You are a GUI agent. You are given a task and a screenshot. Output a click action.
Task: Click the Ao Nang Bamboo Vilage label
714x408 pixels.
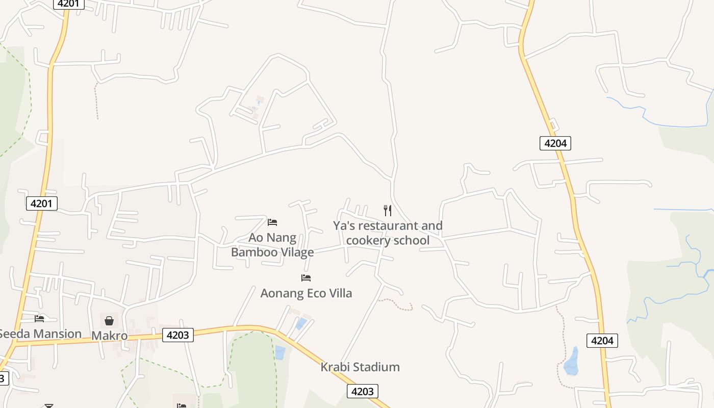[272, 245]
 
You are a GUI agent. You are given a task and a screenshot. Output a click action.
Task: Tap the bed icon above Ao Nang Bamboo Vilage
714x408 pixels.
[272, 222]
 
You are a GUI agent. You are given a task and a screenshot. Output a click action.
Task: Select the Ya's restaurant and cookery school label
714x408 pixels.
[388, 233]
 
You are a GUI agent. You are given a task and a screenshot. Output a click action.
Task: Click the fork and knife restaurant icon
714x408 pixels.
[388, 210]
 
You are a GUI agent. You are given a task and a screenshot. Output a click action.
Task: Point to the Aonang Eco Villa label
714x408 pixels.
[306, 293]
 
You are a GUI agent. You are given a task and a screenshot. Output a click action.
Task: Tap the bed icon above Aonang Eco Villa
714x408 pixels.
[306, 278]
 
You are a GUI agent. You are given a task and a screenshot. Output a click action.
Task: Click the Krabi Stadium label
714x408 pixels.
[360, 367]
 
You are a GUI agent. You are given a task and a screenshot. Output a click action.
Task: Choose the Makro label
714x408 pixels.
[109, 336]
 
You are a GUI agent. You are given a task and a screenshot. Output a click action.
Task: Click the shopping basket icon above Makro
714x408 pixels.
[109, 321]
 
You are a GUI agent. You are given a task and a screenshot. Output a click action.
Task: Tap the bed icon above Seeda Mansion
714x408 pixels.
[39, 319]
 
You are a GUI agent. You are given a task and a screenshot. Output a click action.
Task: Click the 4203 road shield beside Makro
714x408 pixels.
[178, 335]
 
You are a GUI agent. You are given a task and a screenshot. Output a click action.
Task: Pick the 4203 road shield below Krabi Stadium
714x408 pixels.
[363, 392]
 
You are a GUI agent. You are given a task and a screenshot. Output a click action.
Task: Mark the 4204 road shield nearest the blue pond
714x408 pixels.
[602, 341]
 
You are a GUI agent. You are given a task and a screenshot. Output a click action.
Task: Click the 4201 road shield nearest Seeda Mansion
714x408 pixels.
[41, 204]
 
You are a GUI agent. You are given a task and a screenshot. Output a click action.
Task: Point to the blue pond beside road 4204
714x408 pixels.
[572, 362]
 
